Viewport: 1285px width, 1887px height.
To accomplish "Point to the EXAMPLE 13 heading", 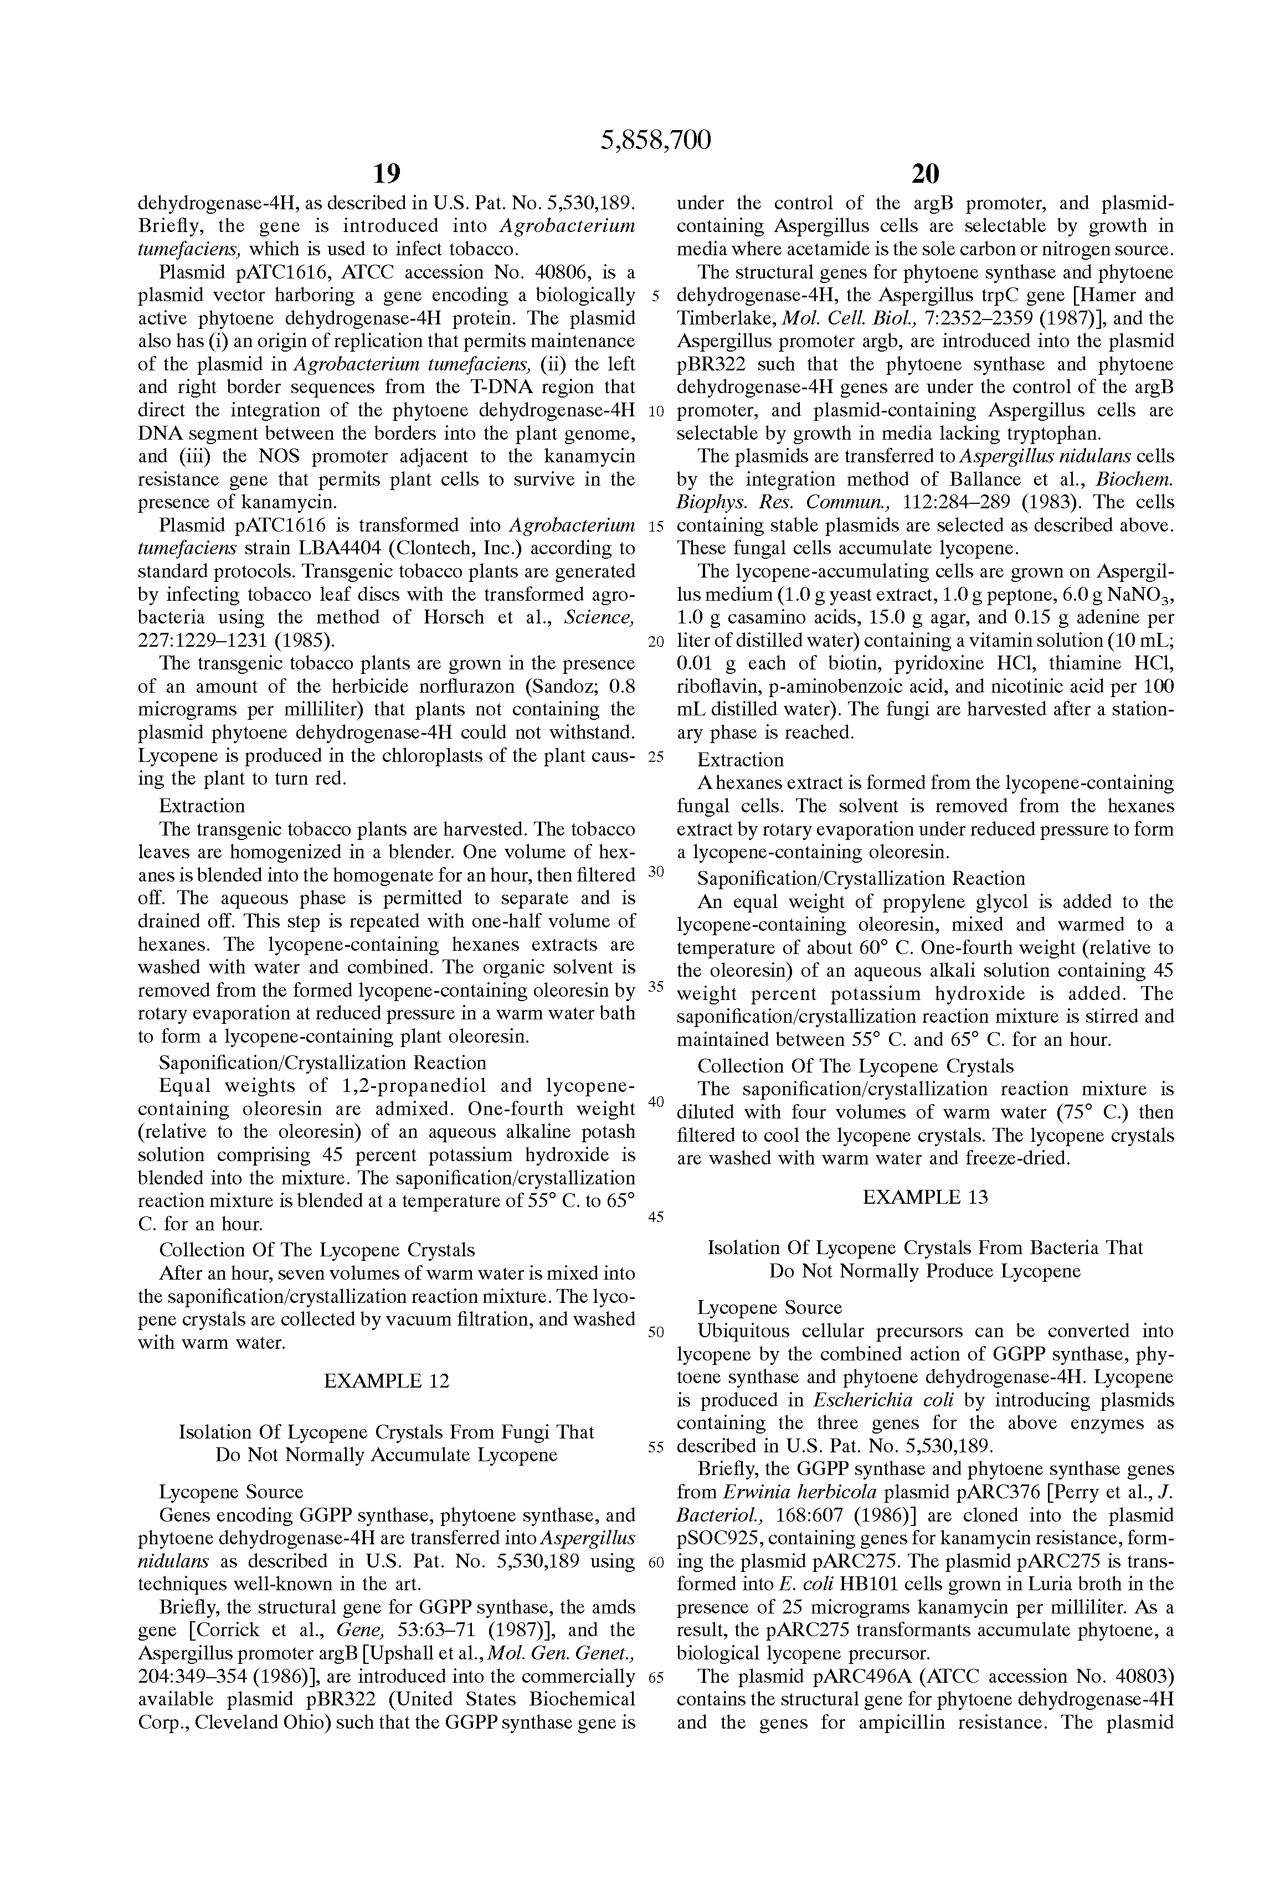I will (x=925, y=1198).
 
